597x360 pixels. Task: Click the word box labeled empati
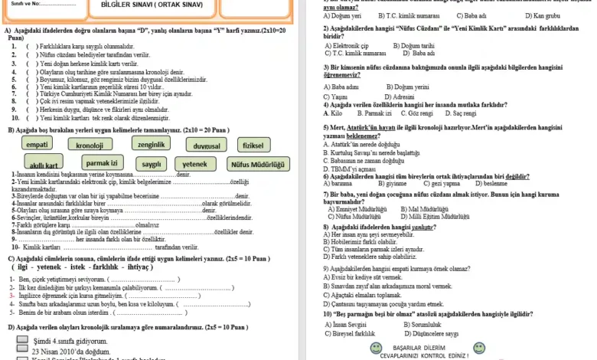(38, 145)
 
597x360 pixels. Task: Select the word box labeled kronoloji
(90, 145)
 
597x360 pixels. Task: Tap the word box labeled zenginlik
(152, 144)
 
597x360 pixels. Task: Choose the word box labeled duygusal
(207, 145)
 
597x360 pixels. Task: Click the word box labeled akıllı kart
(44, 165)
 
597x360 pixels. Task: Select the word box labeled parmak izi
(102, 163)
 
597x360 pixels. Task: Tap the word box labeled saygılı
(152, 164)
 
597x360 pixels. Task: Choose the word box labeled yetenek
(194, 164)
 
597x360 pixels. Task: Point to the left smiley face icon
(375, 349)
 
